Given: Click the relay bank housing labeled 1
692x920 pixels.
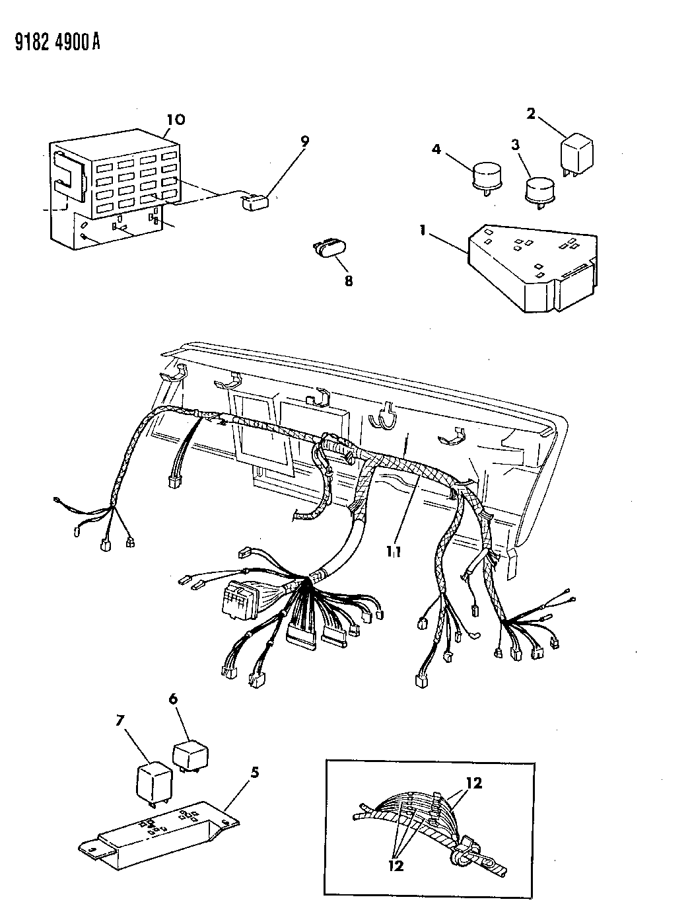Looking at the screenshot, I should point(532,268).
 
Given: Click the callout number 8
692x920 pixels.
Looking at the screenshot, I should point(348,281).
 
